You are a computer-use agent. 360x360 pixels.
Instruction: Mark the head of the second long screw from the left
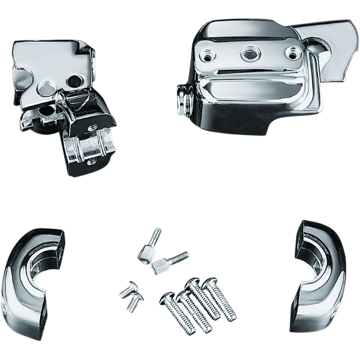coord(183,295)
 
